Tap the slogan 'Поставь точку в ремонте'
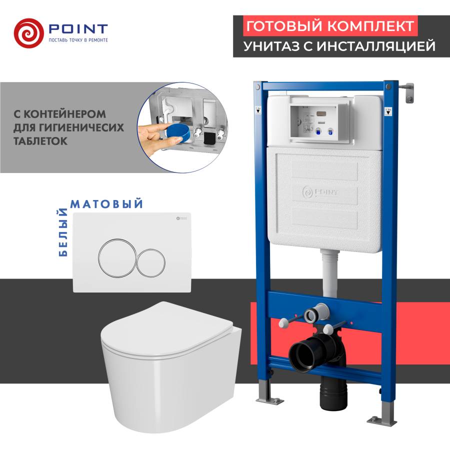(x=77, y=40)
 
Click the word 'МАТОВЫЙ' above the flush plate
(x=107, y=203)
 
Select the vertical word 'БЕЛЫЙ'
(x=63, y=232)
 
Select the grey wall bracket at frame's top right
(x=410, y=92)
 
